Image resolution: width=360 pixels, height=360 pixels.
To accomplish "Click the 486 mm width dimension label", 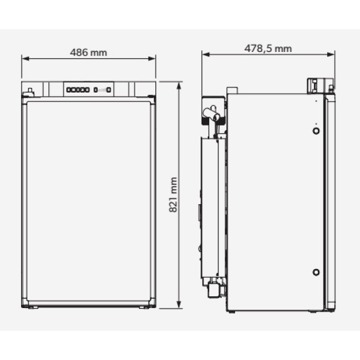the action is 88,52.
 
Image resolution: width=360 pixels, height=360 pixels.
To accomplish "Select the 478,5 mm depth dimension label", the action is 268,48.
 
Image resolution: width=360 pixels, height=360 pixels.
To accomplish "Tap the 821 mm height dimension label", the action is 173,195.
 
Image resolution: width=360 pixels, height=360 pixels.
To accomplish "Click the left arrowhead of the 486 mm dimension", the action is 26,59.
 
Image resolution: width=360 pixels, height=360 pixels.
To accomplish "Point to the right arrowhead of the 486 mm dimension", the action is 152,59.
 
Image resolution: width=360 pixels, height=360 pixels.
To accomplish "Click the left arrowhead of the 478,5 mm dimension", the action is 206,55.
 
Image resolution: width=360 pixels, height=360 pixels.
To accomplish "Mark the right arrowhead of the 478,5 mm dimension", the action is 331,55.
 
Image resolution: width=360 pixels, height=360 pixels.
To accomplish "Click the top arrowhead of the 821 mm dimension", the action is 179,85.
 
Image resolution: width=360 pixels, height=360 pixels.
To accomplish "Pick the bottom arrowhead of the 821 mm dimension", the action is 179,304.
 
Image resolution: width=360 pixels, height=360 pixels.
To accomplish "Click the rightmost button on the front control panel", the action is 109,90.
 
